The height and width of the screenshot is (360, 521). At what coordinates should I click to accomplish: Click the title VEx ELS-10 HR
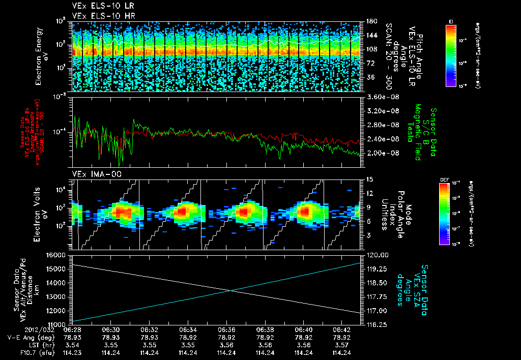(x=99, y=16)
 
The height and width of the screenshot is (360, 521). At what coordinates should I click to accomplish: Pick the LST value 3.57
(x=342, y=345)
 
